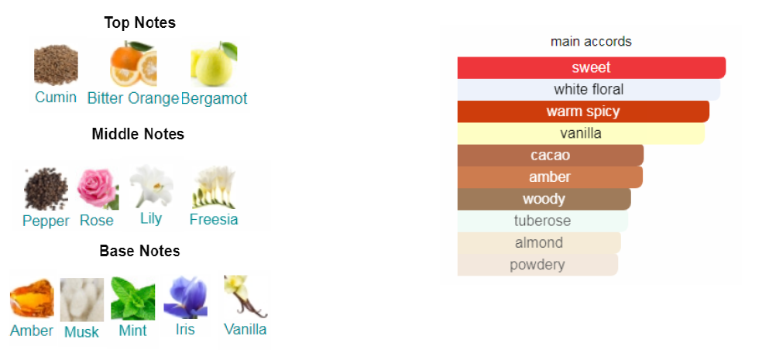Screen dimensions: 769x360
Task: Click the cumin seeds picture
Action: [x=56, y=65]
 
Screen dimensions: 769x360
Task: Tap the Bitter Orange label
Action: [x=133, y=98]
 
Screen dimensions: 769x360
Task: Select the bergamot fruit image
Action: [x=214, y=63]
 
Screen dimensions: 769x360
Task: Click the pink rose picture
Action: [x=98, y=189]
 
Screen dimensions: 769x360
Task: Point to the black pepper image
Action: [x=46, y=189]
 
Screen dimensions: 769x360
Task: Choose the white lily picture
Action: [x=152, y=187]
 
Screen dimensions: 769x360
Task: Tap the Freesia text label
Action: [x=214, y=219]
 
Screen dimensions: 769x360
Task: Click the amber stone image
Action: [x=32, y=298]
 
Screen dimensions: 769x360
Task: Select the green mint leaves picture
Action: [x=133, y=298]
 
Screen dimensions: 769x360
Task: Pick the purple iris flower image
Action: [x=185, y=297]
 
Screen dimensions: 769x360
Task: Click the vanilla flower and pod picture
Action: [x=245, y=297]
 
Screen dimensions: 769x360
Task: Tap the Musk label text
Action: [x=81, y=332]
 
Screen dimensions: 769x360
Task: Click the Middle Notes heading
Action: [x=138, y=134]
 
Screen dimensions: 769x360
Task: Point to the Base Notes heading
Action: [x=139, y=251]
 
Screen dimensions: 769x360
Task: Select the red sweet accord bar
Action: [x=592, y=67]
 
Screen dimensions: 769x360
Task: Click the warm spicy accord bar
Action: [x=583, y=111]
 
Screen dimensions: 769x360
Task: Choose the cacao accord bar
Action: [x=551, y=155]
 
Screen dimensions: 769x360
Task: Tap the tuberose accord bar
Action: [x=542, y=221]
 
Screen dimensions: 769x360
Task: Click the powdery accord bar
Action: [x=537, y=265]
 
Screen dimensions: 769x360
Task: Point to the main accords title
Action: [x=591, y=42]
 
